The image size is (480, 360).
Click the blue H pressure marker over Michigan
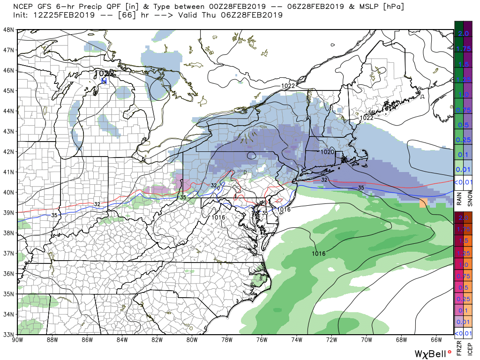coord(104,81)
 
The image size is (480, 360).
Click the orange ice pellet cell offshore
coord(423,203)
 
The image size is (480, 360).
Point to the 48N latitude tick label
coord(8,30)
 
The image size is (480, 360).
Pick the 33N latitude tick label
coord(8,334)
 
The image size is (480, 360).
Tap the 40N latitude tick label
coord(8,192)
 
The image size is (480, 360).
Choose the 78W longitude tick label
coord(227,340)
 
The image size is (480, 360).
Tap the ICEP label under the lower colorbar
coord(470,349)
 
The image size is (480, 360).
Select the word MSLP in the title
coord(369,6)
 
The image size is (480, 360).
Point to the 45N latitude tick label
coord(8,90)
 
